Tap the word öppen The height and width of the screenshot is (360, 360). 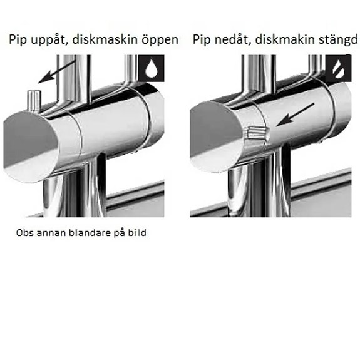[159, 40]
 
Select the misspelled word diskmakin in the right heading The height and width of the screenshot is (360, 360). [284, 40]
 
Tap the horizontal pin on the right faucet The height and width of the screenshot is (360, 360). [257, 133]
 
